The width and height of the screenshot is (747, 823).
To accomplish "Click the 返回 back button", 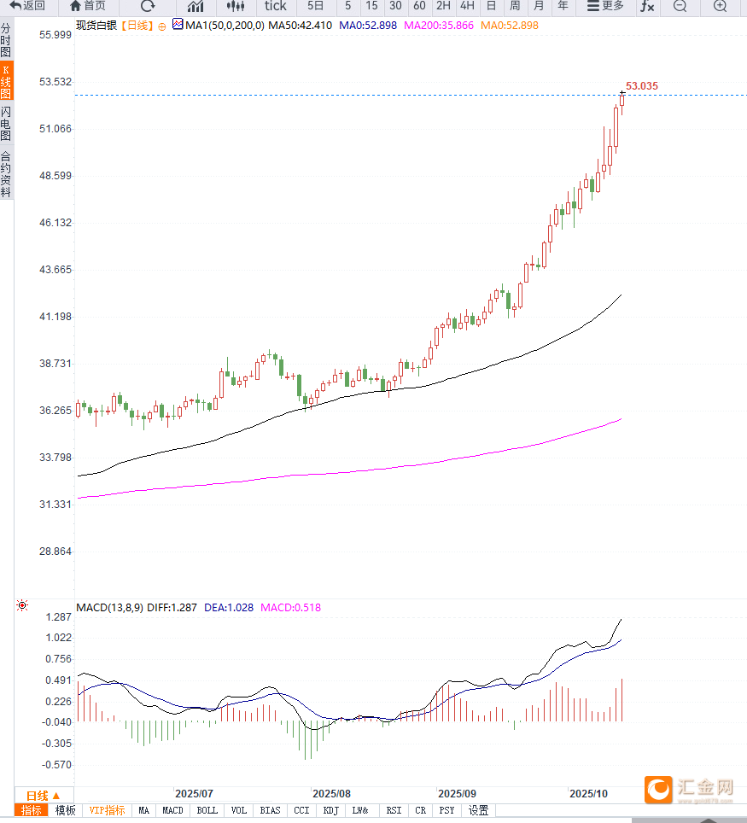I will click(27, 7).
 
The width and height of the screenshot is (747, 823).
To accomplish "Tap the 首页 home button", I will click(88, 7).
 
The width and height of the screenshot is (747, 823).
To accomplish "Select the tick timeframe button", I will click(275, 7).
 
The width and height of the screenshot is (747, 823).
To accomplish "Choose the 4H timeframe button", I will click(467, 7).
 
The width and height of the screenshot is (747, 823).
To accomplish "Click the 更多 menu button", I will click(605, 7).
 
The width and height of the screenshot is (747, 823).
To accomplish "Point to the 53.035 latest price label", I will click(642, 86).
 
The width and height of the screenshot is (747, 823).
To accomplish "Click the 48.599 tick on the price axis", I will click(55, 176).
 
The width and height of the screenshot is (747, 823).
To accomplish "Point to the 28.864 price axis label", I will click(55, 552).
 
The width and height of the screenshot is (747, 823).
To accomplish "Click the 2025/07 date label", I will click(194, 793).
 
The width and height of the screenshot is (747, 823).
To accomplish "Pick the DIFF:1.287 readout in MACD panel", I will click(172, 608).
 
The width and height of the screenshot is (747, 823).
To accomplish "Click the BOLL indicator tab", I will click(207, 811).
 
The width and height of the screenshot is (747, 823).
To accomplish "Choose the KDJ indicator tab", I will click(331, 811).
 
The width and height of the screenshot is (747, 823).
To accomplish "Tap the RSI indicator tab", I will click(394, 811).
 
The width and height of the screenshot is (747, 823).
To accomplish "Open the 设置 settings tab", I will click(478, 811).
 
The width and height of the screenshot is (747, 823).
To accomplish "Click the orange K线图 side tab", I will click(6, 82).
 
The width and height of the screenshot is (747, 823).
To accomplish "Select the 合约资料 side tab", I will click(6, 175).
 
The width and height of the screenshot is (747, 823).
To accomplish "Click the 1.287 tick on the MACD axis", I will click(59, 617).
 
